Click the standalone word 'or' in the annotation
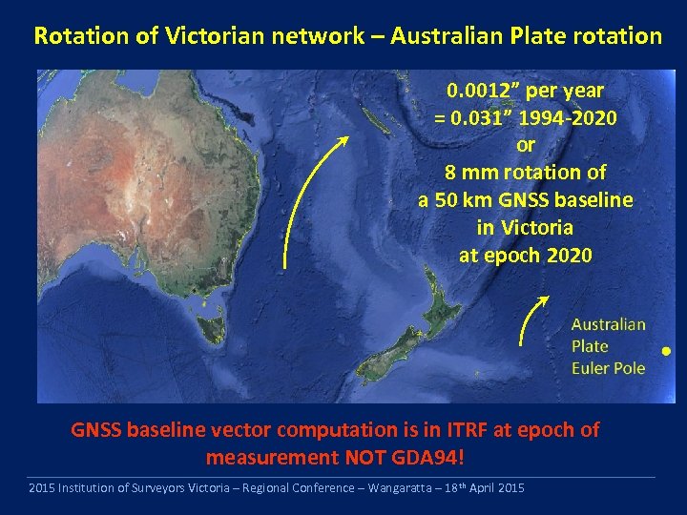click(x=525, y=146)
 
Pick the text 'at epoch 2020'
click(x=525, y=256)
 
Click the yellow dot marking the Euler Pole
click(x=666, y=351)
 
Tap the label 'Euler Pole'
click(x=608, y=368)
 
